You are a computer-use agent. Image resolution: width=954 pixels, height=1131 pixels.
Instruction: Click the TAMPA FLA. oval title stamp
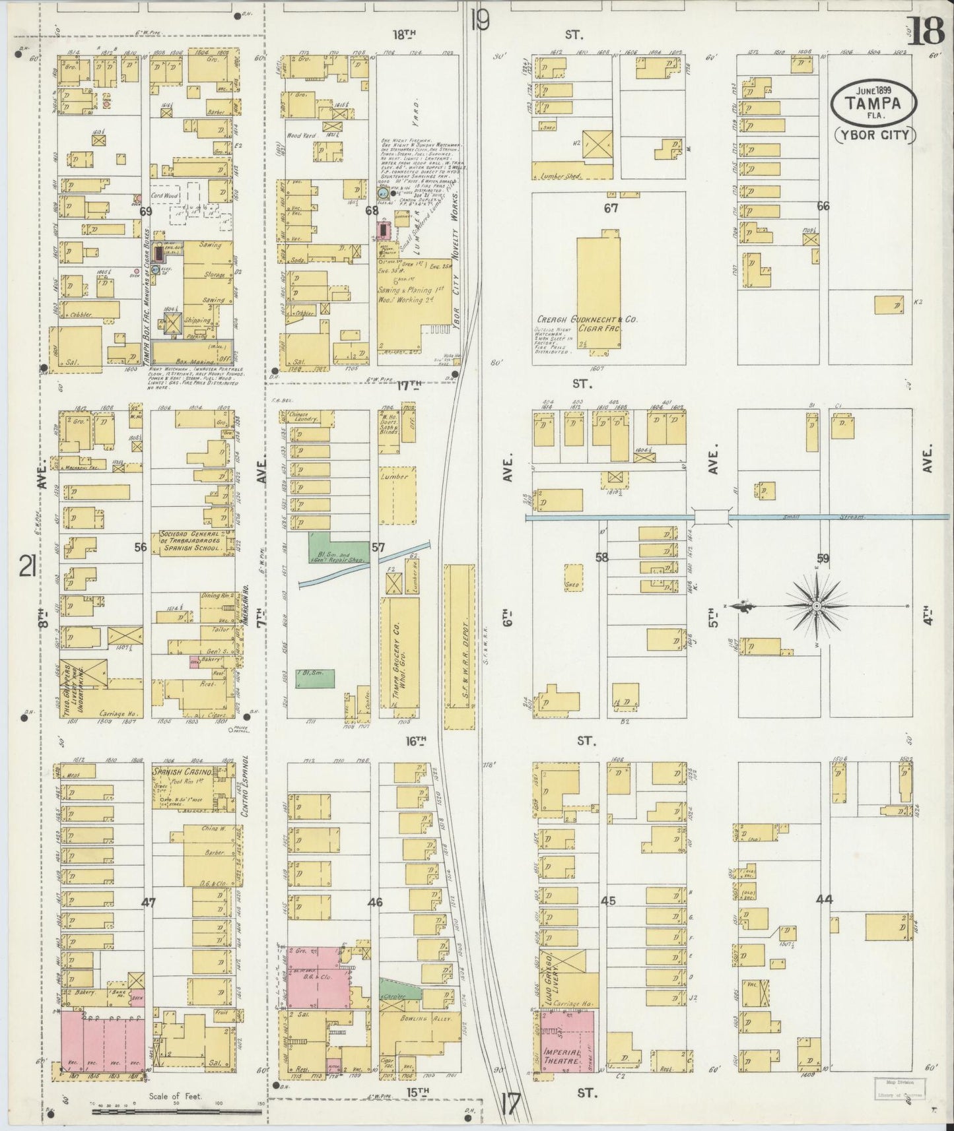coord(874,102)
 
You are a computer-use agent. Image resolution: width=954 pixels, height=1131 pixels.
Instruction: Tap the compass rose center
coord(817,606)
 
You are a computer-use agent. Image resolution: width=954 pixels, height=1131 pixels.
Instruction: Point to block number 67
coord(611,209)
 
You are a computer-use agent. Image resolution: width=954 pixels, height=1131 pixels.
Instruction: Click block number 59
coord(823,558)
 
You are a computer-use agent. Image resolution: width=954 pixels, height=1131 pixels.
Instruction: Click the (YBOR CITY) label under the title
coord(874,135)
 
